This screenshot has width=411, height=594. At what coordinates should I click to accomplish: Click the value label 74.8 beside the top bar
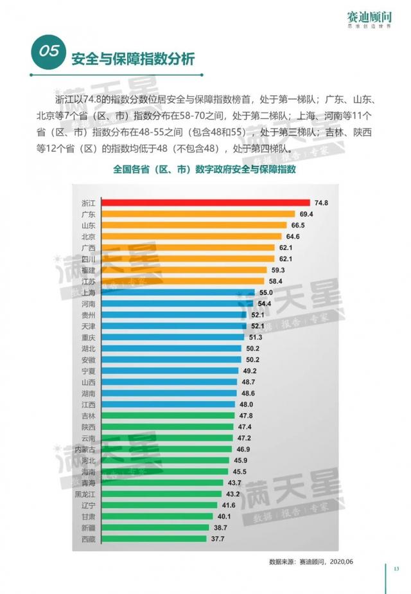coord(322,203)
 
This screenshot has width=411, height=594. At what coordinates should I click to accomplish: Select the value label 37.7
coord(219,539)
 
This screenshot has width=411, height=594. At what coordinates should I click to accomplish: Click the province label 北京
coord(89,237)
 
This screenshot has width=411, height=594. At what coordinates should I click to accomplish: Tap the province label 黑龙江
coord(85,494)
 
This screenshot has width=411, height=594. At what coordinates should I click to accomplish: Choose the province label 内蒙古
coord(85,449)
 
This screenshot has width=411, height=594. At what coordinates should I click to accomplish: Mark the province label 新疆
coord(89,527)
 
